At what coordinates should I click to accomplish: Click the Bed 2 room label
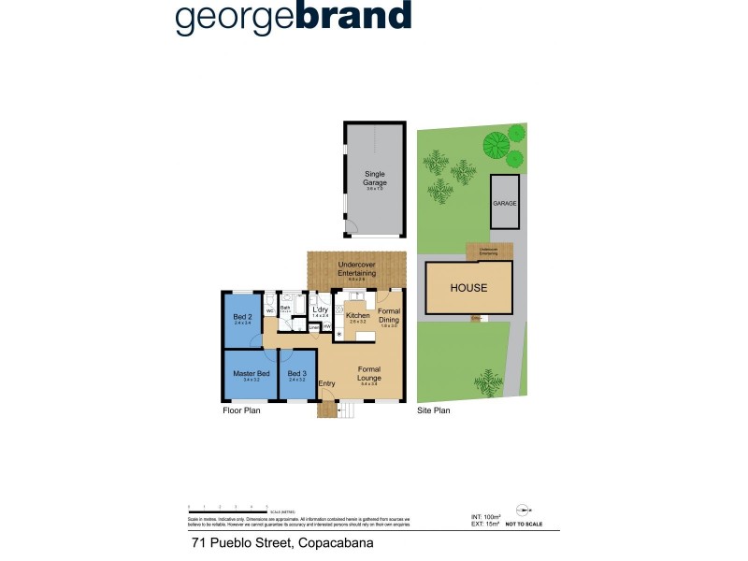click(242, 315)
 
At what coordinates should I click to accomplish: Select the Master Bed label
click(251, 374)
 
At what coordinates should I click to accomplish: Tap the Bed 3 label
click(297, 374)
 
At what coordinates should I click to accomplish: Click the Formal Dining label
click(389, 314)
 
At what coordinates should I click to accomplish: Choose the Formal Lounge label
click(368, 374)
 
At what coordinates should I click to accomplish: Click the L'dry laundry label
click(321, 309)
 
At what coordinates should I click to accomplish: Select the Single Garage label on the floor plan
click(375, 179)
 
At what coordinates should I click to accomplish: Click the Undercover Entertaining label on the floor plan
click(356, 269)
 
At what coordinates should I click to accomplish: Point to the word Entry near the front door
click(326, 383)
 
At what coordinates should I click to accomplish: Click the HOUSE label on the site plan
click(468, 288)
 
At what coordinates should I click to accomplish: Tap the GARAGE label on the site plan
click(505, 203)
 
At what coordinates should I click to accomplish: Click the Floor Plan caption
click(241, 410)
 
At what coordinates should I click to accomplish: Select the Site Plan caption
click(434, 410)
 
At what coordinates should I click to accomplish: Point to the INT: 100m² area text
click(485, 516)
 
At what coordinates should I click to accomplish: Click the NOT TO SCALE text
click(524, 525)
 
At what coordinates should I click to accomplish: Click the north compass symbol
click(523, 511)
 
